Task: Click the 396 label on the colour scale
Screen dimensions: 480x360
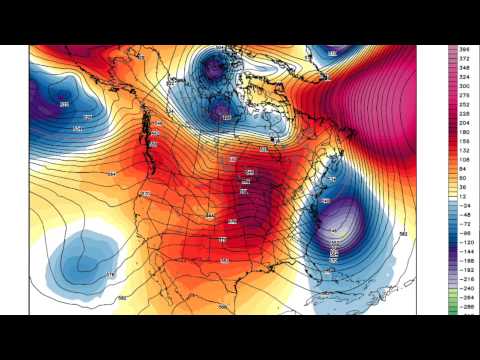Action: point(465,49)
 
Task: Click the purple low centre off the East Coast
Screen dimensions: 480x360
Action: point(340,222)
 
